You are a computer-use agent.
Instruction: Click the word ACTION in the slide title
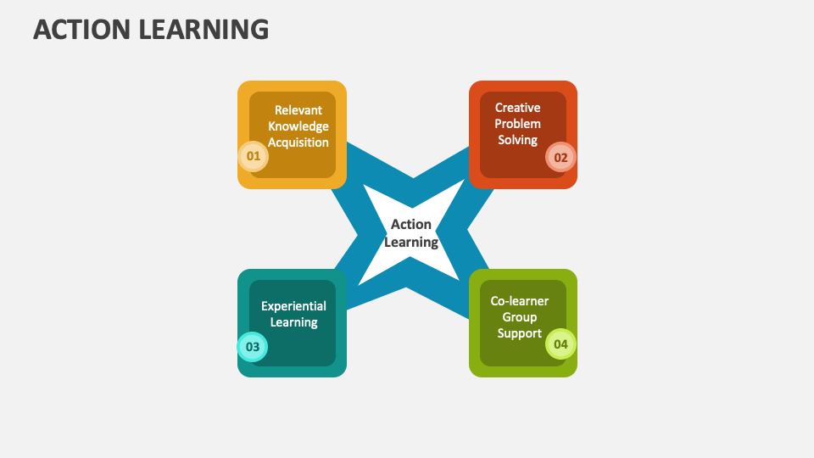[x=81, y=29]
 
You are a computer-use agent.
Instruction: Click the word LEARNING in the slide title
[x=204, y=29]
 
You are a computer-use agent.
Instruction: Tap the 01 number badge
[x=254, y=156]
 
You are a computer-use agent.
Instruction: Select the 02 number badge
[x=560, y=158]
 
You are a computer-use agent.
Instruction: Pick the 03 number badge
[x=253, y=346]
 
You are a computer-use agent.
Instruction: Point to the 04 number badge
[x=560, y=343]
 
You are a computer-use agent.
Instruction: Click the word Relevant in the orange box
[x=298, y=110]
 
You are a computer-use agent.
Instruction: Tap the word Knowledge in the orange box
[x=298, y=126]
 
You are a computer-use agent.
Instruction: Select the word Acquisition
[x=298, y=142]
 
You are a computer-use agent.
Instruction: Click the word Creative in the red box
[x=517, y=108]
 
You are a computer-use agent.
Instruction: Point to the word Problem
[x=517, y=124]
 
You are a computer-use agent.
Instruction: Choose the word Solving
[x=517, y=140]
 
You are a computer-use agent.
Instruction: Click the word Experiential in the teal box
[x=294, y=306]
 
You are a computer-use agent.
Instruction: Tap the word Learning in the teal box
[x=294, y=322]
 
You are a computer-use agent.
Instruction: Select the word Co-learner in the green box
[x=520, y=301]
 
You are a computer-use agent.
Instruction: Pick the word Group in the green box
[x=520, y=317]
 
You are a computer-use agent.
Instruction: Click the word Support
[x=520, y=333]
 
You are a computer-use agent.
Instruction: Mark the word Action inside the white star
[x=411, y=224]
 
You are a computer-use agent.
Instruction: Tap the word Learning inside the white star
[x=411, y=242]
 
